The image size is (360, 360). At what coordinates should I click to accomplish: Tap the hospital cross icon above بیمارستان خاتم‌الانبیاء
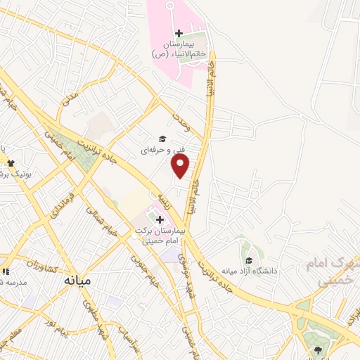coord(179,33)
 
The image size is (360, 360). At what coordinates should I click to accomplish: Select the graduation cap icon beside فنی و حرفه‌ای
coord(162,139)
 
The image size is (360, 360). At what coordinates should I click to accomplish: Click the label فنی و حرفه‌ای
coord(156,150)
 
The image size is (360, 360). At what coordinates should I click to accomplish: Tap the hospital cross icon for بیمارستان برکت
coord(160,219)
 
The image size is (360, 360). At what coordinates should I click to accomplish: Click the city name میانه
coord(77,279)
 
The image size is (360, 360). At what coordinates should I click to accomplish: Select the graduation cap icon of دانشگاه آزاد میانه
coord(250,260)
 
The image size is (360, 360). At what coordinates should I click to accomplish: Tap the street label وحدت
coord(182,123)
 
